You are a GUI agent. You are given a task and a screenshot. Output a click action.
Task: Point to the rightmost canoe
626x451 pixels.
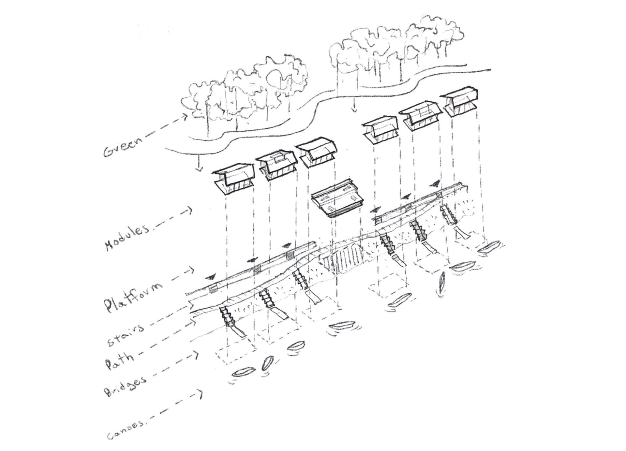490,248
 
